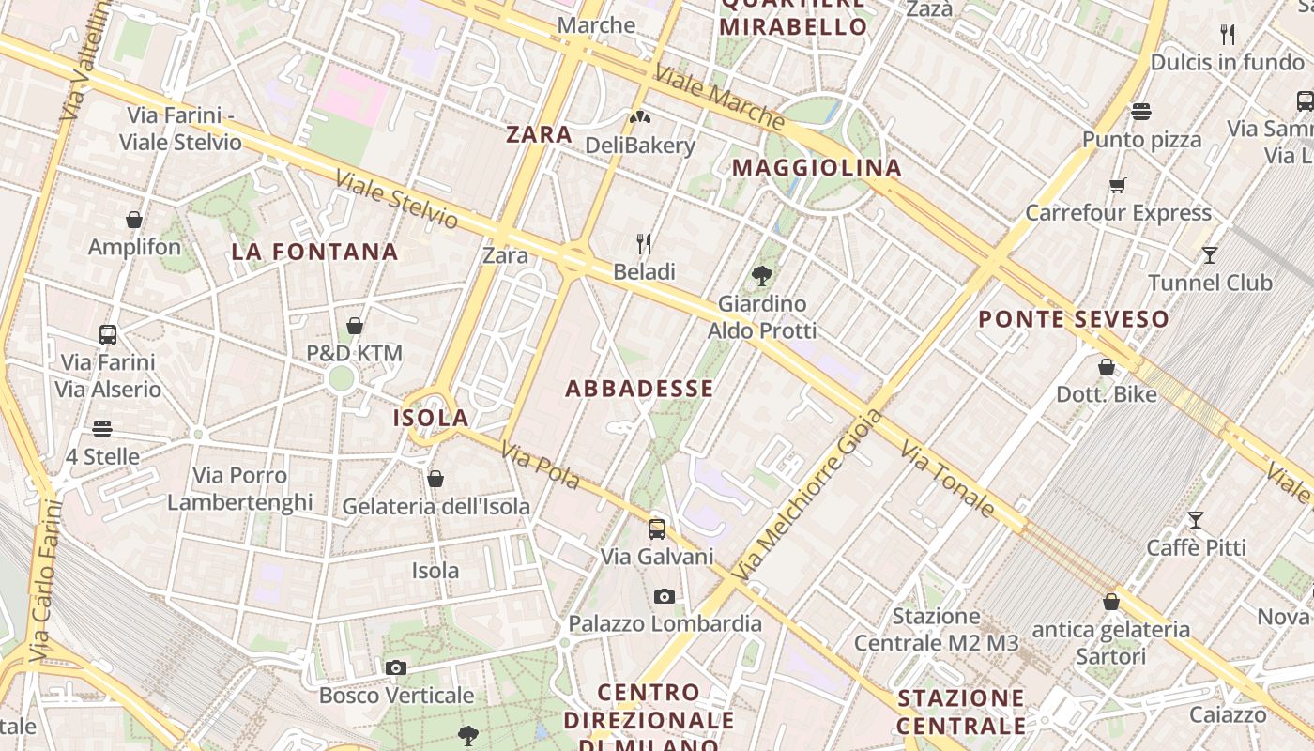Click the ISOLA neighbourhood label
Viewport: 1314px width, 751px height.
[431, 418]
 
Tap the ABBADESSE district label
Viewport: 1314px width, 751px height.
[639, 389]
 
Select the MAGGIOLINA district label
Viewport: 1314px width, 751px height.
[817, 168]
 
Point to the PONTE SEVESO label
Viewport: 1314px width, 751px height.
[1074, 319]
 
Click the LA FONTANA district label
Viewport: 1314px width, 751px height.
[315, 252]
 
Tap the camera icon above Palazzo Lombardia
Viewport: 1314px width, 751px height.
[664, 596]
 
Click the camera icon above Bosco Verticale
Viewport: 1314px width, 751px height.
[396, 667]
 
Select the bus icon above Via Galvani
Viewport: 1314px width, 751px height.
[657, 529]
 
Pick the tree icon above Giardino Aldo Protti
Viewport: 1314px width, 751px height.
[761, 276]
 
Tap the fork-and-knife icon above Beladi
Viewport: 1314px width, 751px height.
[644, 244]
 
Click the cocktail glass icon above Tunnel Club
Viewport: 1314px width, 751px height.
[1210, 254]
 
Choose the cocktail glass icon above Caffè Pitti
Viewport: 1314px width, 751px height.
[1196, 519]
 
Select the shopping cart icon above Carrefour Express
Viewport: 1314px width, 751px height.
[1117, 185]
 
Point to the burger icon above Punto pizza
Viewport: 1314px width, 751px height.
[1141, 112]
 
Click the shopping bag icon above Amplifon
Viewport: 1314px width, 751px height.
[134, 220]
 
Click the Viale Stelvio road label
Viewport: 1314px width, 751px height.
[397, 199]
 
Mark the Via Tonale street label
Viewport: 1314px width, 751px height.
[947, 481]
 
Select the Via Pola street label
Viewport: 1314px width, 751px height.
[540, 465]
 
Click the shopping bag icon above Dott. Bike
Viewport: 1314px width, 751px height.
[1107, 367]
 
